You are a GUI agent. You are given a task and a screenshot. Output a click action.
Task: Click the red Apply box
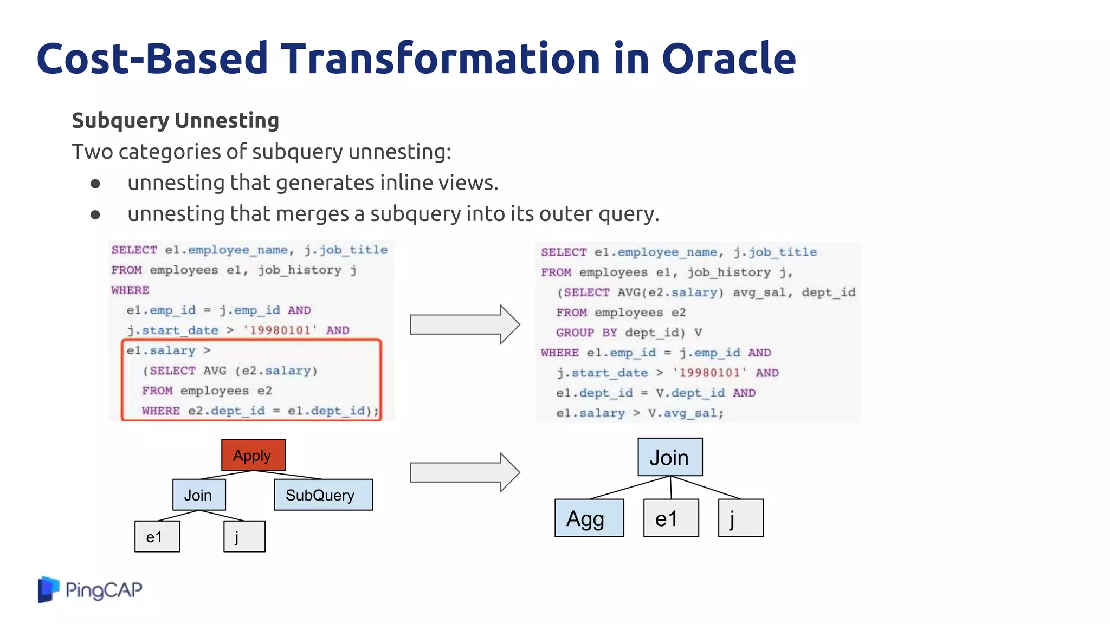coord(253,455)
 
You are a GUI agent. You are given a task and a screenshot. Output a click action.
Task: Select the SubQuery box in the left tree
coord(323,495)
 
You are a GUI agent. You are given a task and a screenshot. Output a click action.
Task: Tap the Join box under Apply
coord(199,495)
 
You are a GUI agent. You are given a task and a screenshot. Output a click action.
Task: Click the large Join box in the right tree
coord(670,457)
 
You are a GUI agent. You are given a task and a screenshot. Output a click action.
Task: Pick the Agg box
coord(589,518)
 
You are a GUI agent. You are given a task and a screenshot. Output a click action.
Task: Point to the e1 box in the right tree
coord(671,518)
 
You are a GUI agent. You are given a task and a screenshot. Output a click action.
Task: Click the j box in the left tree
coord(244,536)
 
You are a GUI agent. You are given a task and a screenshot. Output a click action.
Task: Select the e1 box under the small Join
coord(157,536)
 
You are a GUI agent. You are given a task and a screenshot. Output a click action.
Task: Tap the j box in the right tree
coord(740,518)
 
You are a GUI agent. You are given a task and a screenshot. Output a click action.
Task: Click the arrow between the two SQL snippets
coord(464,324)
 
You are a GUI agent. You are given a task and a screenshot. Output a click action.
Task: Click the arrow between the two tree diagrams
coord(464,472)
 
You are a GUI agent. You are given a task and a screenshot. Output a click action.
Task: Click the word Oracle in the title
coord(728,58)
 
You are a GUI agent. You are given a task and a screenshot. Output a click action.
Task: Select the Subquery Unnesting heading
coord(175,120)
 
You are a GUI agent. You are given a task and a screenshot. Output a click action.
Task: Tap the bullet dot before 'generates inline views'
coord(95,184)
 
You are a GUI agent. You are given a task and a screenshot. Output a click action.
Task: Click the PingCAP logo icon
coord(48,589)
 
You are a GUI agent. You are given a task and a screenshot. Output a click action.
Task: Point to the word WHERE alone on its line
coord(130,290)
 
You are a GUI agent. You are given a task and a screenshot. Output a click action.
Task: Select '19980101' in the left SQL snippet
coord(280,330)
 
